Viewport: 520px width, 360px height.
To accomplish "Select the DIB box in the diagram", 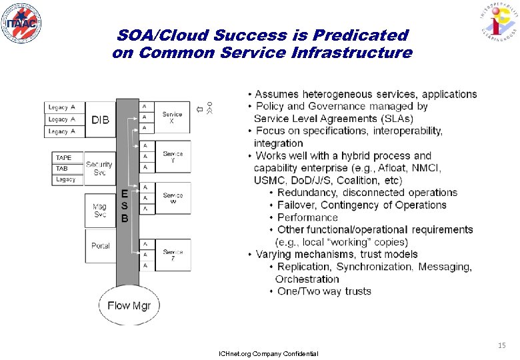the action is (x=101, y=120).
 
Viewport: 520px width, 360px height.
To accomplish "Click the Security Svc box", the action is (x=99, y=168).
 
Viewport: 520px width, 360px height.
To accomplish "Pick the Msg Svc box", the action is (x=99, y=211).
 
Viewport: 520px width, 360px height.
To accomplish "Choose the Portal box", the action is (x=100, y=245).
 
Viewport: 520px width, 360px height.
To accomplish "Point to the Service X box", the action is (x=173, y=119).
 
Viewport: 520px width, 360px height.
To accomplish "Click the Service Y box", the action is (x=173, y=157).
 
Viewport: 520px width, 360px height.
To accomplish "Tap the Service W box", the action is (x=173, y=198).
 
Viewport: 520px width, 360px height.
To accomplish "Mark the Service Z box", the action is (x=173, y=255).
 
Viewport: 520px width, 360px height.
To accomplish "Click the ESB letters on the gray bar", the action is (x=125, y=206).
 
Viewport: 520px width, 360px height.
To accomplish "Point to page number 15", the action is (x=501, y=345).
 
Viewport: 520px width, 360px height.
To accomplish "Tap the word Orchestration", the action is (x=307, y=279).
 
